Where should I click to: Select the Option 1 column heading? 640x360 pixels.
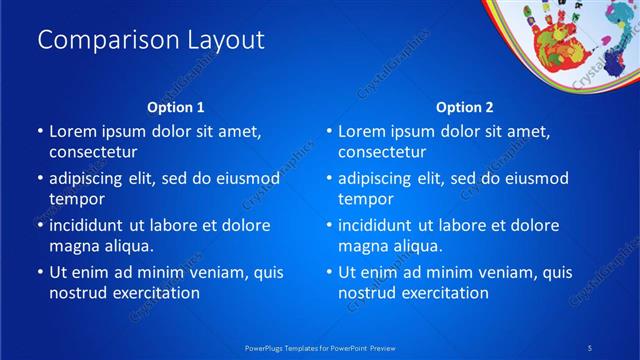click(176, 107)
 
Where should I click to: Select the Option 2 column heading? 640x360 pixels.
click(465, 107)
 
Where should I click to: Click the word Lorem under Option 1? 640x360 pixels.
click(73, 131)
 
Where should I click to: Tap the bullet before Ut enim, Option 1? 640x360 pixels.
click(39, 272)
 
